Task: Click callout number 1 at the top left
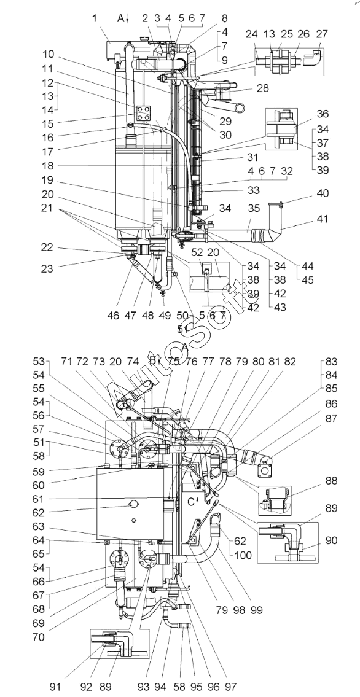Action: [x=94, y=18]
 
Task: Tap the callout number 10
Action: [x=49, y=55]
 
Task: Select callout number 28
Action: [x=263, y=88]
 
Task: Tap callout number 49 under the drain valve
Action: [x=164, y=316]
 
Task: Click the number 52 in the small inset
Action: [x=198, y=252]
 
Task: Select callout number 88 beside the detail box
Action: [x=331, y=481]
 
